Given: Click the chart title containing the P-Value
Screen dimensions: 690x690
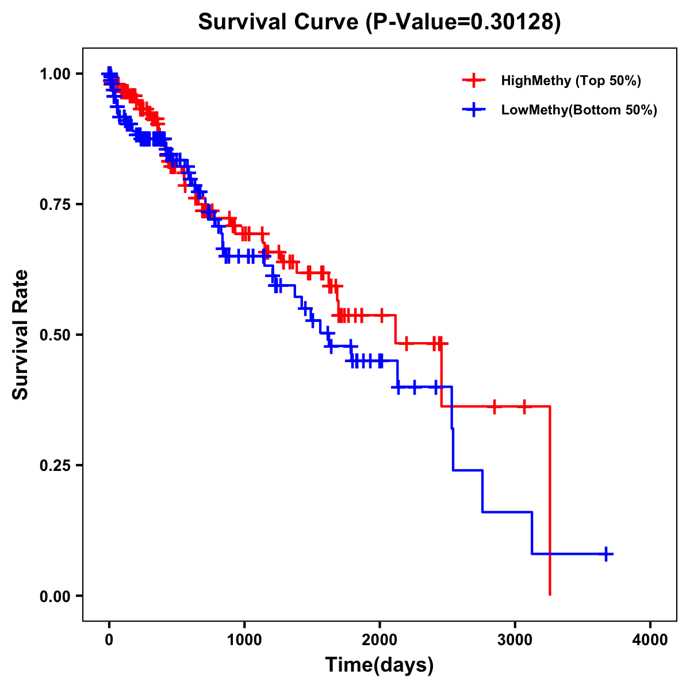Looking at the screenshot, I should pos(379,22).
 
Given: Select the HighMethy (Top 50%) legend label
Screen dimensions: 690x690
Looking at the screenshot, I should pos(571,80).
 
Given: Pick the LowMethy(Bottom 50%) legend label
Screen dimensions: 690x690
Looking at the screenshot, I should pos(579,110).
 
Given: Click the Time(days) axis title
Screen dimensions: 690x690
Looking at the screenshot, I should pos(379,665).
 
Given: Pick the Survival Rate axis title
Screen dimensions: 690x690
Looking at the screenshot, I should pos(21,335).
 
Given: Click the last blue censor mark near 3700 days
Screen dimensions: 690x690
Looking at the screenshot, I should pos(606,554).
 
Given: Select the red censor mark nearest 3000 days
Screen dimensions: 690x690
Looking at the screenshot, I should pos(524,407).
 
